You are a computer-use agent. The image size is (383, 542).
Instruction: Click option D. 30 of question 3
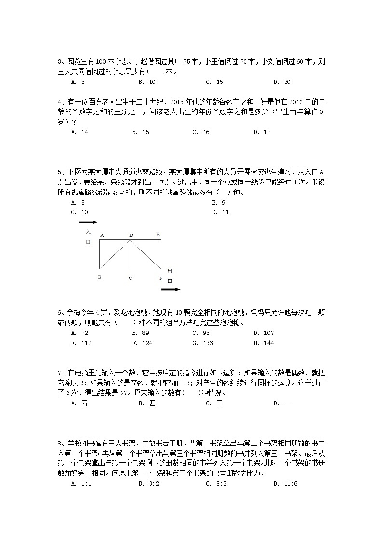282,82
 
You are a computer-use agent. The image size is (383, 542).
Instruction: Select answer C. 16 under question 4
201,132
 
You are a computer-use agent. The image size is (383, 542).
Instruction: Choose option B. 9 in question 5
219,203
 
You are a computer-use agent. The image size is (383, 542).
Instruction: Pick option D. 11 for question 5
220,212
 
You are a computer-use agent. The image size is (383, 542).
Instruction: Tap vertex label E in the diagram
158,234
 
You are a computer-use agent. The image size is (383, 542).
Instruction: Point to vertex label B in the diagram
100,277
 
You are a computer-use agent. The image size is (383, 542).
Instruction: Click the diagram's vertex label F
161,278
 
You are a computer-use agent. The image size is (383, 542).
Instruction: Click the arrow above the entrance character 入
88,222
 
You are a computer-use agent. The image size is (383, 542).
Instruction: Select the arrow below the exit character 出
170,290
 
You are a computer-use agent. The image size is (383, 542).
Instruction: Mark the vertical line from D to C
130,256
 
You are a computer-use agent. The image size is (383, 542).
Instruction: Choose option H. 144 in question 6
263,343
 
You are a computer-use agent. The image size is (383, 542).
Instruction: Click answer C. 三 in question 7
214,403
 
